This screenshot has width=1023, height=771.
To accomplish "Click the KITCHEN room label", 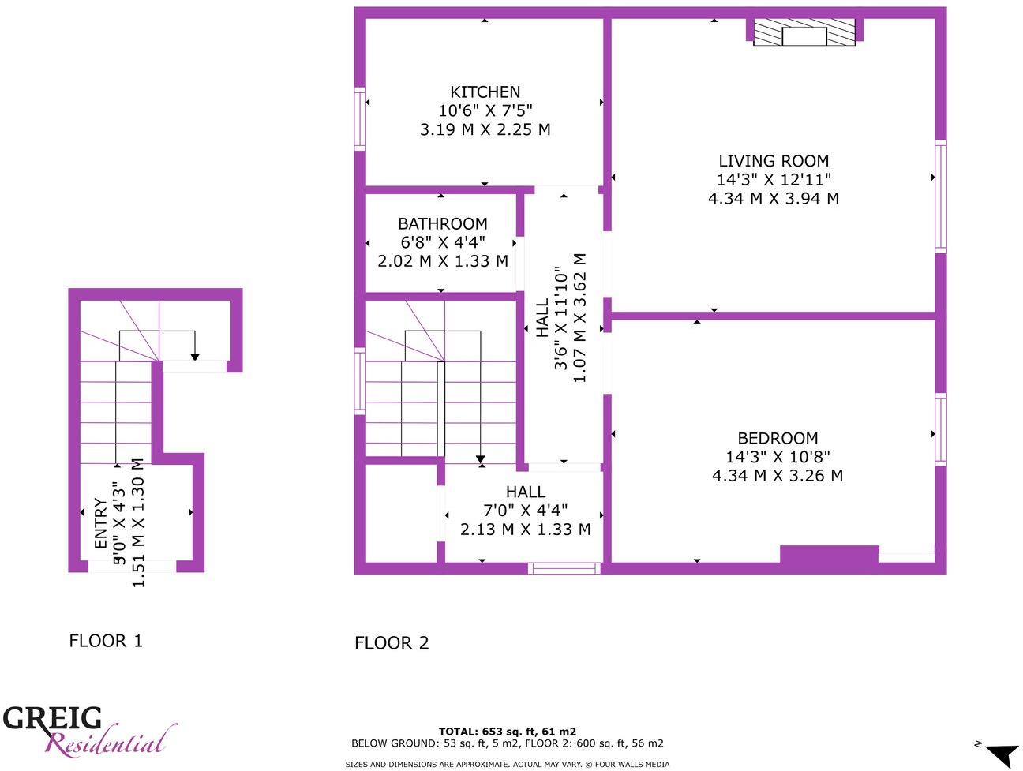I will point(485,92).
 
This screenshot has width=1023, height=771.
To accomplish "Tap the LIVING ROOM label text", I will point(773,161).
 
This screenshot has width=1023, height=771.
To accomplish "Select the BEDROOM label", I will point(777,438).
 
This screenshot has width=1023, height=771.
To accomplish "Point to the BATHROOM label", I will point(442,224).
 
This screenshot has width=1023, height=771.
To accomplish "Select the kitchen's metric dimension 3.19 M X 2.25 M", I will point(485,129).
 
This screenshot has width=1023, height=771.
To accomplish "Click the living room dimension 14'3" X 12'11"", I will point(773,180).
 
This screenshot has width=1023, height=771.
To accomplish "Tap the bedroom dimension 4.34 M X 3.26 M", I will point(777,476).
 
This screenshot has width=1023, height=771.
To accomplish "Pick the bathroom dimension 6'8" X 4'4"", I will point(442,242).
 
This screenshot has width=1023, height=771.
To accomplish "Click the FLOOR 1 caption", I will point(106,641).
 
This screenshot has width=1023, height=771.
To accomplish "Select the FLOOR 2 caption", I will point(392,643).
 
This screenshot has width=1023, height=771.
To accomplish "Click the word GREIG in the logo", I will point(52,718).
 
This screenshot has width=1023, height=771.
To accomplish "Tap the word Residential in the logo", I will point(107,743).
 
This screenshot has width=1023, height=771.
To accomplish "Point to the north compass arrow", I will point(1002,753).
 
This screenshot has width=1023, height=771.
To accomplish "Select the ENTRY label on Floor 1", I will point(101,524).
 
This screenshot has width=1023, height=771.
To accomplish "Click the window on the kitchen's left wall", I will point(360,119).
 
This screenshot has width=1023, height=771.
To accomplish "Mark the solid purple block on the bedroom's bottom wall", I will point(829,554).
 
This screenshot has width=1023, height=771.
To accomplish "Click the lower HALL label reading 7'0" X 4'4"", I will point(525,511).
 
